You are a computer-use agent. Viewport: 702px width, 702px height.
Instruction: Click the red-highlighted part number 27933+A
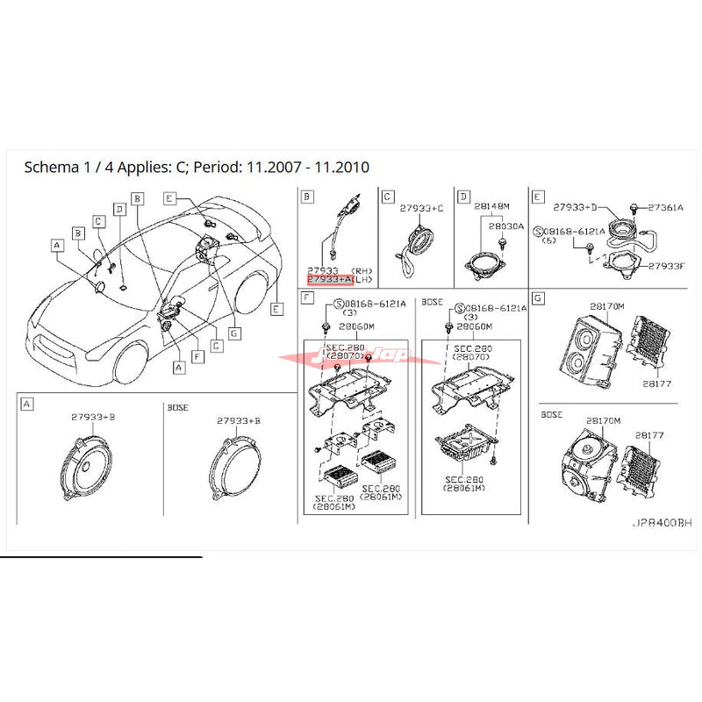pos(329,280)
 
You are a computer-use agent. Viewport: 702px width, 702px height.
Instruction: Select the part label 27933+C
pos(423,208)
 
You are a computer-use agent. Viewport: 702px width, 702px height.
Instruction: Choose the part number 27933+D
pos(575,209)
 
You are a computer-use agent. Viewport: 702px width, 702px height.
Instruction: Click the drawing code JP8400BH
pos(662,522)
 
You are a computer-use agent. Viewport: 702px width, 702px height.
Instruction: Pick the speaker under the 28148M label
pos(484,262)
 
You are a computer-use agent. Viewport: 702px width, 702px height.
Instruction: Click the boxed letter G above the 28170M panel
pos(538,299)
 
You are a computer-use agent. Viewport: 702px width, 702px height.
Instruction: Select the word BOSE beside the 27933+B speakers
pos(179,407)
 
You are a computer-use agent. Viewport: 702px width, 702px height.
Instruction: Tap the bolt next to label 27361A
pos(633,208)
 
